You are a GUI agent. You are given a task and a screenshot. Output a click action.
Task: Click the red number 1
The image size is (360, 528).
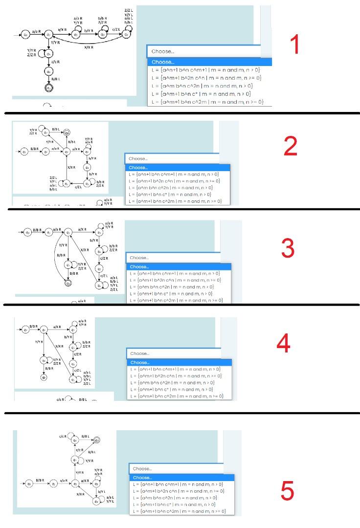tap(294, 45)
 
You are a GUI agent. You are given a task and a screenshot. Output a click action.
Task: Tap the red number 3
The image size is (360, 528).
tap(288, 248)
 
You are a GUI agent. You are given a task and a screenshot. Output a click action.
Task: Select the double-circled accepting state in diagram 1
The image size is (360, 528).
tap(48, 88)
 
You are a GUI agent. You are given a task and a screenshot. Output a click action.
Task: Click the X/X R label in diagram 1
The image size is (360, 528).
tap(89, 47)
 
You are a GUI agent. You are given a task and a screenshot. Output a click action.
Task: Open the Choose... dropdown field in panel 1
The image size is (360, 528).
tap(203, 51)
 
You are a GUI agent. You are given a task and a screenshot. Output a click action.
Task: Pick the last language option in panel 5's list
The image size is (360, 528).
tap(179, 511)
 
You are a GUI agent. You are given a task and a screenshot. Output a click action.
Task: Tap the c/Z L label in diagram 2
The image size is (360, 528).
tap(78, 187)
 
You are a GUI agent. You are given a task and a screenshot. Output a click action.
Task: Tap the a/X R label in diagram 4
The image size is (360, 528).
tap(57, 326)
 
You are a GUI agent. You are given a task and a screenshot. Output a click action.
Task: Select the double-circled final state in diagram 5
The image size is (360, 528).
tap(97, 440)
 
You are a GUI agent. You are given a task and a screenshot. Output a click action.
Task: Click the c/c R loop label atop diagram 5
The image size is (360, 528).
tap(63, 436)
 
